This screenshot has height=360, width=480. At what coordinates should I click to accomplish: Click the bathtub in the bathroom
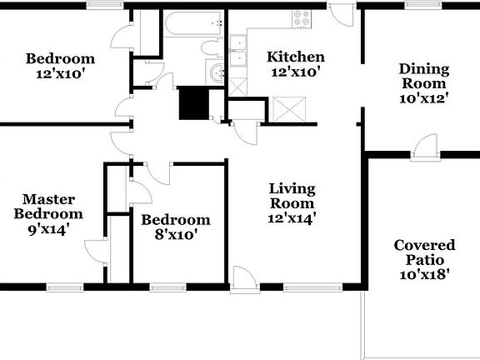point(193,24)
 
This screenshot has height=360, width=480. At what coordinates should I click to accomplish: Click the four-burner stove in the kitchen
point(301,18)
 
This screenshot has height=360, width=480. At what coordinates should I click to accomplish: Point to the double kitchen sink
point(238,51)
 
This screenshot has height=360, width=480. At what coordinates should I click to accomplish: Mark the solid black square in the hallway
point(193,103)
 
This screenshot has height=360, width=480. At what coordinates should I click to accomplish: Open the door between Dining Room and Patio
point(427,146)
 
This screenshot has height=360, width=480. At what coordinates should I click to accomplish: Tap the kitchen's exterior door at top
point(341,12)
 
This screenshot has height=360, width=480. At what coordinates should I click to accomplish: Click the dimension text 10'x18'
point(424,273)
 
